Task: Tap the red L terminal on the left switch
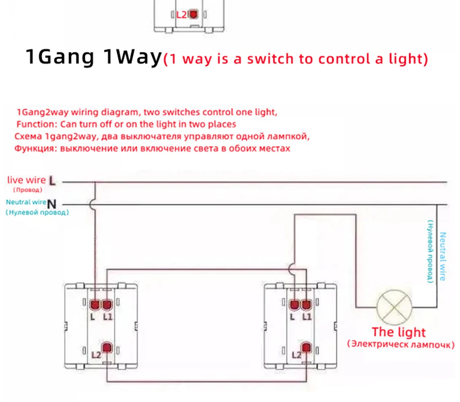coord(94,304)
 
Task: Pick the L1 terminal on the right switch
coord(306,304)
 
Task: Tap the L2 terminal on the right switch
coord(306,347)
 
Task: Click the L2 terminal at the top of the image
coord(194,14)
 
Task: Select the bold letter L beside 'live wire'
coord(52,181)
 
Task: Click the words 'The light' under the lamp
coord(398,332)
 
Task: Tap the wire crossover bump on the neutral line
coord(94,205)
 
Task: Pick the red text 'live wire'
coord(26,180)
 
